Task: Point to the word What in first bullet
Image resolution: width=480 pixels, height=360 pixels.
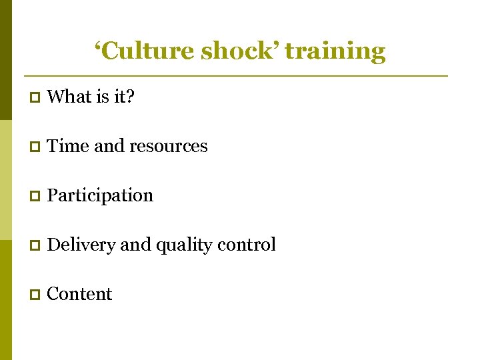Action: coord(69,97)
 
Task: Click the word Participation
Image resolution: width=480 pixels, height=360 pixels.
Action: coord(101,196)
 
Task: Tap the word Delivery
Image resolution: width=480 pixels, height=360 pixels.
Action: coord(81,245)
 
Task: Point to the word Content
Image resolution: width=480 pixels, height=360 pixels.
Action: coord(80,294)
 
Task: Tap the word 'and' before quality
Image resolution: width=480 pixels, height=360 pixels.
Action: coord(136,245)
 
